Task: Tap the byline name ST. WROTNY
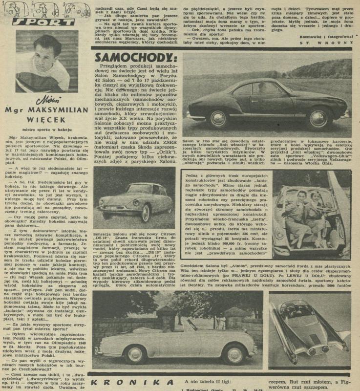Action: (330, 43)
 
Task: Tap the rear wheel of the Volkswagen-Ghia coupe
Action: (318, 118)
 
